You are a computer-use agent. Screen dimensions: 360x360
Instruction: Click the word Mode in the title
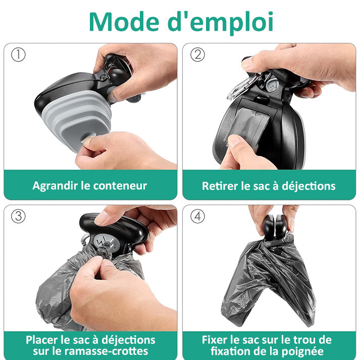pos(124,22)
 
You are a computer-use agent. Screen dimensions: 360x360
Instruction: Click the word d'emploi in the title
pos(221,23)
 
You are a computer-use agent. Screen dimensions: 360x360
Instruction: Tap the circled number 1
pos(18,55)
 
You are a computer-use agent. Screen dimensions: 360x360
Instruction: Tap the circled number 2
pos(197,55)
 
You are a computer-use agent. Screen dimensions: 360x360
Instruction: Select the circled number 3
pos(18,216)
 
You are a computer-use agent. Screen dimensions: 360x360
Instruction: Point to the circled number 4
pos(197,216)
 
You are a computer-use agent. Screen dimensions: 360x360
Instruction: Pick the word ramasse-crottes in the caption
pos(107,351)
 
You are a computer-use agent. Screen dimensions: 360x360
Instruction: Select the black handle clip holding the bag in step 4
pos(274,226)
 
